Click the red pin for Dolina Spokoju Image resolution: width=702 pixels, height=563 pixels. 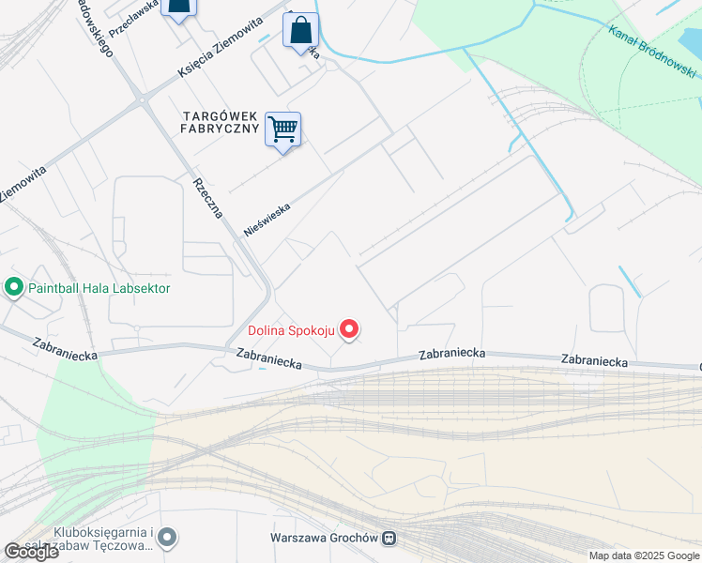(x=349, y=329)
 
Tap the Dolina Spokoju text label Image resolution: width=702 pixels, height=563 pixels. (x=291, y=330)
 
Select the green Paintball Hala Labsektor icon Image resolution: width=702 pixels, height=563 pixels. (x=14, y=287)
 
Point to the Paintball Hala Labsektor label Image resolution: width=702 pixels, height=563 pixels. (x=99, y=288)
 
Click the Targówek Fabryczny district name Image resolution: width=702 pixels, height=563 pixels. (x=221, y=123)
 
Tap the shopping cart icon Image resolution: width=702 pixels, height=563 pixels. (x=282, y=129)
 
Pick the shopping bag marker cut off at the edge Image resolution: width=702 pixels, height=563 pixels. (x=178, y=8)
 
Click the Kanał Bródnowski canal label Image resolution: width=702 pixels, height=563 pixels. (x=651, y=52)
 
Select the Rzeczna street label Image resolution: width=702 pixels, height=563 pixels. (x=207, y=198)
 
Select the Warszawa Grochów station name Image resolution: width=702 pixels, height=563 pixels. (x=322, y=539)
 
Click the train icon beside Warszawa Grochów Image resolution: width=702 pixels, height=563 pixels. (x=389, y=539)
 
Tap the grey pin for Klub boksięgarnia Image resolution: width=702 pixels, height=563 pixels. (x=167, y=538)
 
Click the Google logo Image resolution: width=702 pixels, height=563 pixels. (x=31, y=552)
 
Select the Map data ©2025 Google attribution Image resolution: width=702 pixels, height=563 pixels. (x=644, y=555)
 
